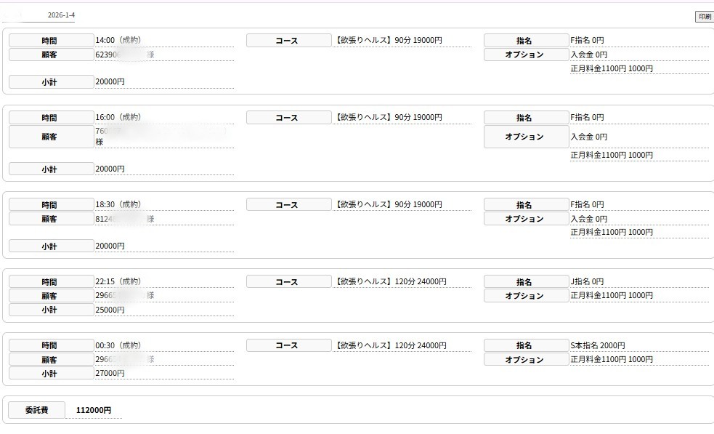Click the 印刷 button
(x=704, y=17)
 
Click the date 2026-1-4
(x=61, y=15)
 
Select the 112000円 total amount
(x=94, y=410)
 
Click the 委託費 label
(x=36, y=410)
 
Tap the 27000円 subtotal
(x=110, y=373)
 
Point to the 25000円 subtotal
(x=110, y=310)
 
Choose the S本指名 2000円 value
(x=597, y=345)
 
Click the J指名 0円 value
(x=587, y=281)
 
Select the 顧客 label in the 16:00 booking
(x=49, y=137)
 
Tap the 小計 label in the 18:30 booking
(x=49, y=246)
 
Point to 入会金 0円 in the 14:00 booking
(x=588, y=55)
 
